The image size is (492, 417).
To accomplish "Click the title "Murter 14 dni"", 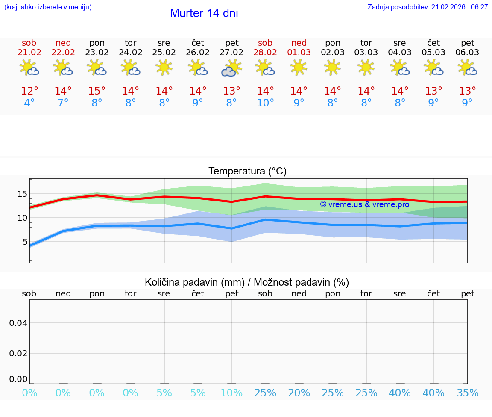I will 204,13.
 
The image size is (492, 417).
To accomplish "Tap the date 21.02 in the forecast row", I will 29,53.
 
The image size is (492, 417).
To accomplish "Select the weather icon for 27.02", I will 231,68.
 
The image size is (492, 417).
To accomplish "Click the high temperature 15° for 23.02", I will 97,91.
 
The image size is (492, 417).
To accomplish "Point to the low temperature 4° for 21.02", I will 29,103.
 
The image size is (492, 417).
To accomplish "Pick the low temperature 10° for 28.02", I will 265,103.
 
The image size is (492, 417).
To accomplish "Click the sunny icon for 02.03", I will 332,67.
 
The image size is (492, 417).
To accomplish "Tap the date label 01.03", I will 299,53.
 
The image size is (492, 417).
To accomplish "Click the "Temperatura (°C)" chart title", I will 247,172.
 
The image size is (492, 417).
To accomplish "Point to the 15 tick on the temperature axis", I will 22,194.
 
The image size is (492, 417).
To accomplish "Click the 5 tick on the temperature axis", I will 25,242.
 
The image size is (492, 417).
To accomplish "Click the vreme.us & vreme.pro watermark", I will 364,204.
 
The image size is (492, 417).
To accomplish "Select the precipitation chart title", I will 247,282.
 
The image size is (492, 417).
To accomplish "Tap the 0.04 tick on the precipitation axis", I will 18,323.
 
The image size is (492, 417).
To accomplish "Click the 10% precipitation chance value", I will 231,393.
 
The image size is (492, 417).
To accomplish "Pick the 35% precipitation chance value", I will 467,393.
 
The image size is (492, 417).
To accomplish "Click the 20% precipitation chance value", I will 299,393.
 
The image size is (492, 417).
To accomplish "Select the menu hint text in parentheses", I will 48,7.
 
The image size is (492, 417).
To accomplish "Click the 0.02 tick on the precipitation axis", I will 18,353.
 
